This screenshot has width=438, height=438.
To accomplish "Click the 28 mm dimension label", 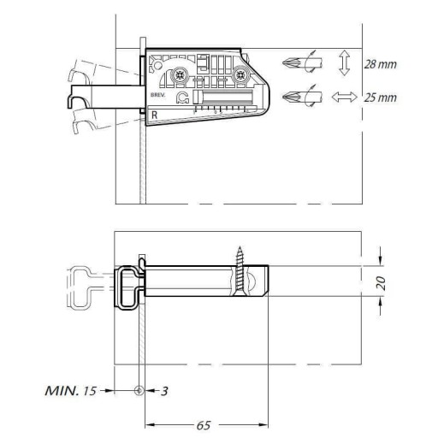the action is (x=380, y=64).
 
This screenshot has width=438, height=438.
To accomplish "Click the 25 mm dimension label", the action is (x=380, y=98).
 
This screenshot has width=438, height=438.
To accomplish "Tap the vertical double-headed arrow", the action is (x=345, y=63).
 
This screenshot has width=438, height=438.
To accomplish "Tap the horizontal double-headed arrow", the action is (x=344, y=97).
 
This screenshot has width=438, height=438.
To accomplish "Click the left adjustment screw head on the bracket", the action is (x=179, y=75).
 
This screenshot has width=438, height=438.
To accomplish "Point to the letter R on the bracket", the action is (x=154, y=115).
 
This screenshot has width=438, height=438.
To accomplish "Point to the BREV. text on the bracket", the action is (x=157, y=95).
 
